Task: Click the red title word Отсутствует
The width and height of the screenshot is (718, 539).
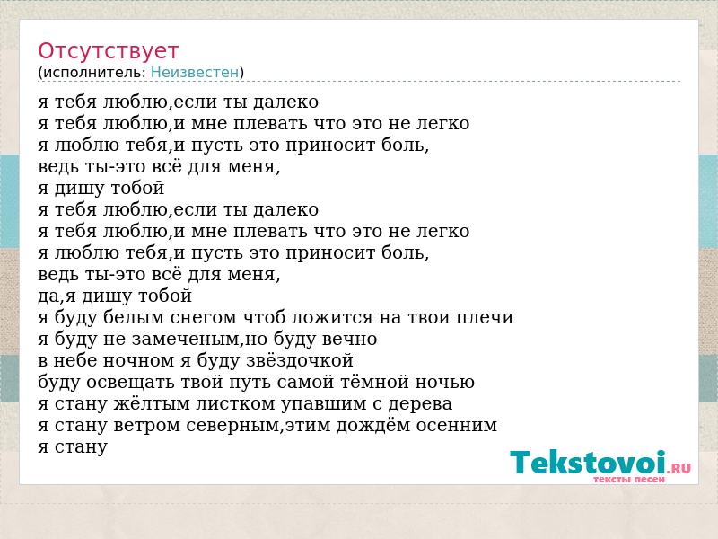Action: (108, 51)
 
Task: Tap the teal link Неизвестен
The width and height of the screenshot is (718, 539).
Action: (195, 73)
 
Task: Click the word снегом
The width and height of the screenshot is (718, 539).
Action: (205, 318)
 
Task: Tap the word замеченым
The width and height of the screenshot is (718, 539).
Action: (186, 340)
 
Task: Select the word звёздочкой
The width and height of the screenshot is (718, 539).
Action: (300, 361)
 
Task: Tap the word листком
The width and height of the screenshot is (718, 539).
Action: (235, 403)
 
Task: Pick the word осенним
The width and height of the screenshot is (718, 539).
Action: (457, 425)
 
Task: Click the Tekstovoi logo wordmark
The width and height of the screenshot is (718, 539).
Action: (589, 462)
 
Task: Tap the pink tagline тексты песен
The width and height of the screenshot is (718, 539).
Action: (629, 480)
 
